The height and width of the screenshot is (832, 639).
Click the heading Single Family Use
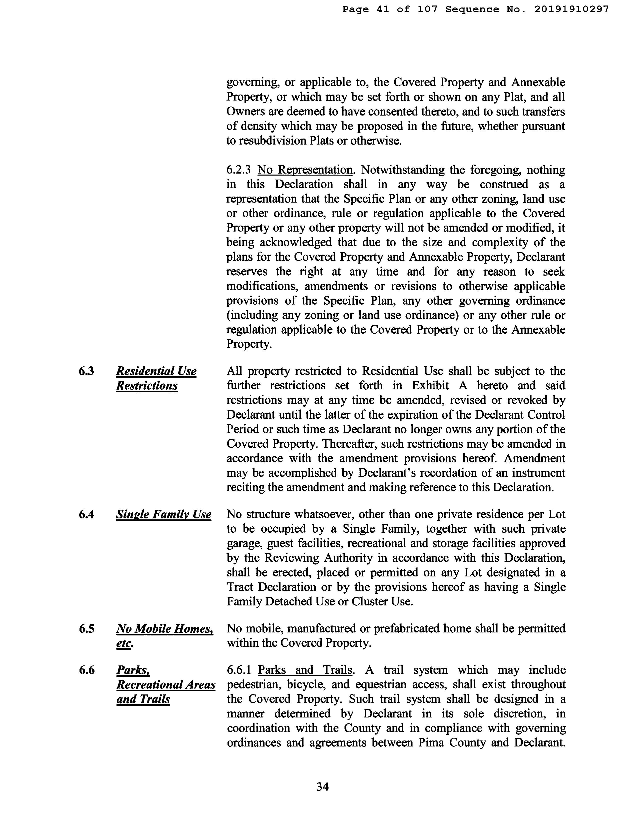(163, 514)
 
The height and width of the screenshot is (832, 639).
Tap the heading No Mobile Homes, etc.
(164, 635)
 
